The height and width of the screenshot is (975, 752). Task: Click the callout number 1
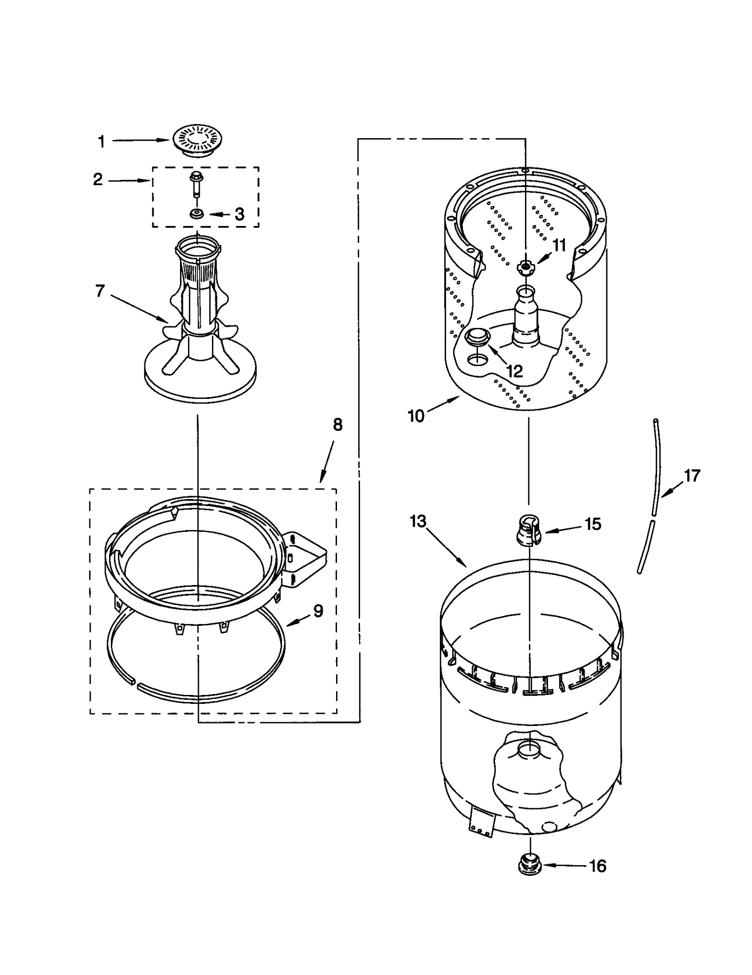(101, 141)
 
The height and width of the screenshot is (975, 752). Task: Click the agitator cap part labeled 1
(197, 140)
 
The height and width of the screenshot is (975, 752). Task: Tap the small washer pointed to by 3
(196, 214)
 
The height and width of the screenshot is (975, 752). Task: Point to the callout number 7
(100, 291)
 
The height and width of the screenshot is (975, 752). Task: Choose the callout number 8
(337, 425)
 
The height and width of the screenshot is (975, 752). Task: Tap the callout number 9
(318, 611)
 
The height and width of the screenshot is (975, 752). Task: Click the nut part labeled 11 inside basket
(525, 268)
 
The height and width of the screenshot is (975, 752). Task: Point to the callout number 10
(416, 416)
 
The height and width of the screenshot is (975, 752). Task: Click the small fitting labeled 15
(529, 530)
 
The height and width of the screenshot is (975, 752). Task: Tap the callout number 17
(691, 476)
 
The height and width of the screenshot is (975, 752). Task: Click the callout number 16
(597, 866)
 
